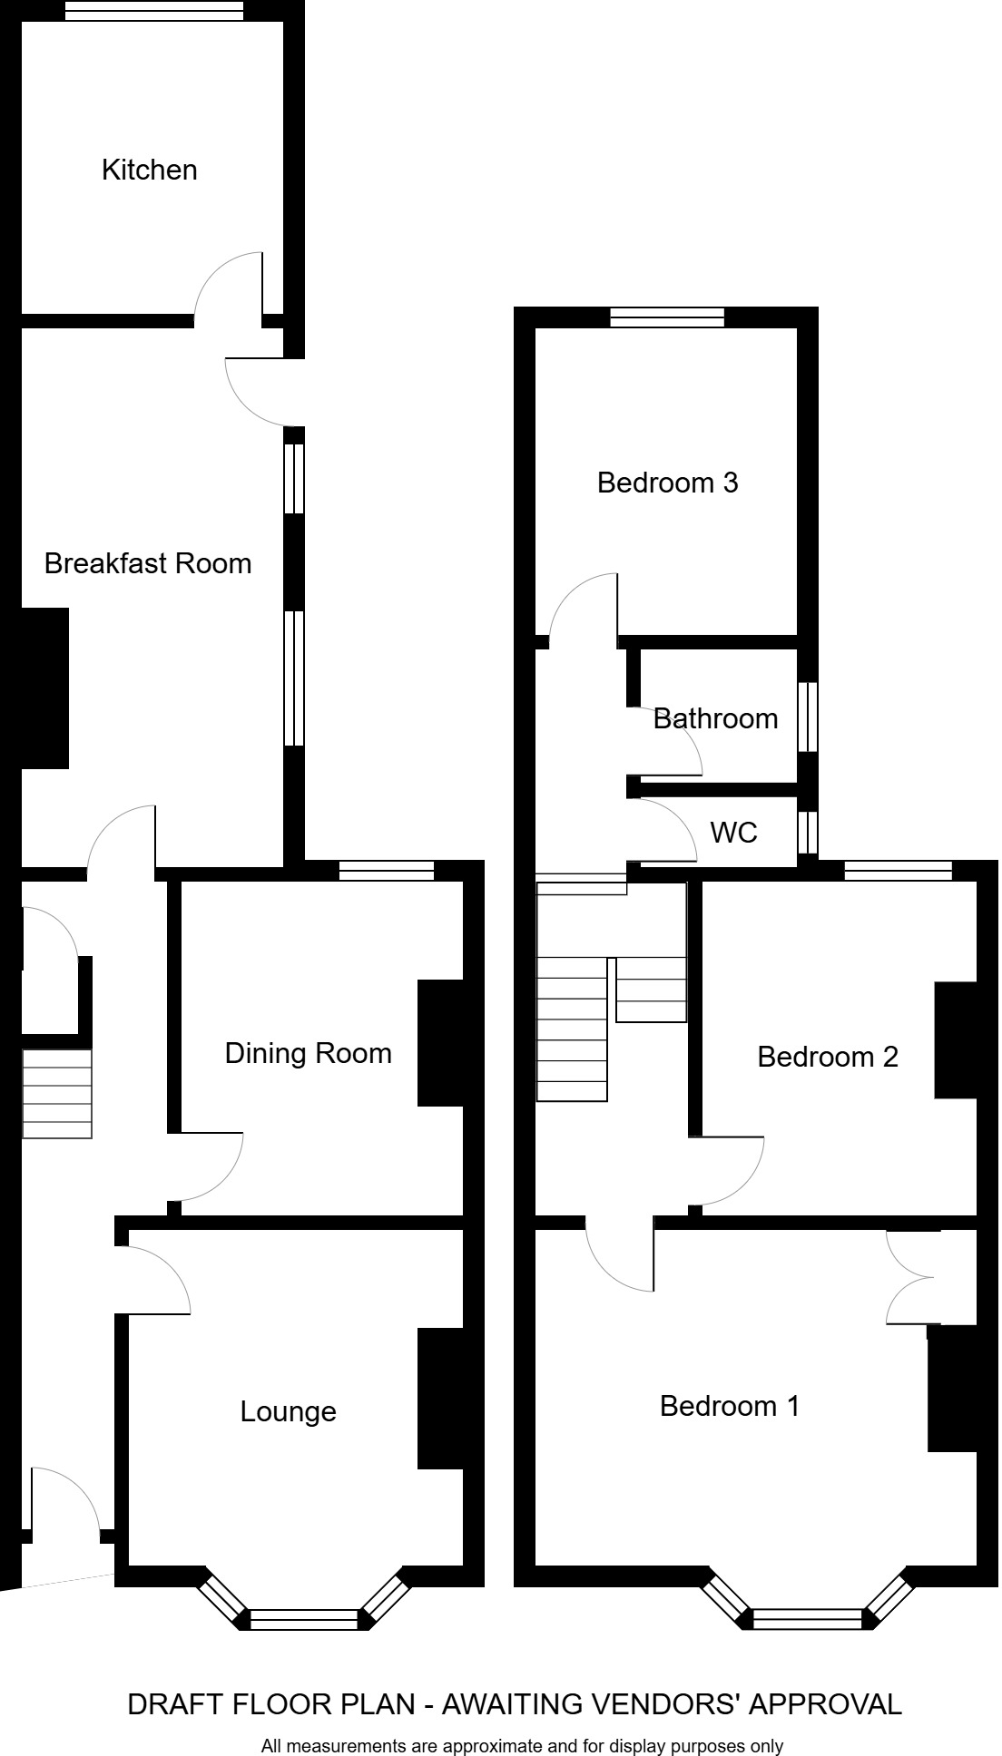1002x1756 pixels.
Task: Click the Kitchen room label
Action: [x=149, y=170]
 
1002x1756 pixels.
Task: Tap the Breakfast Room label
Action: [x=148, y=563]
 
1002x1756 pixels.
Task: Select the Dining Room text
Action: [x=308, y=1053]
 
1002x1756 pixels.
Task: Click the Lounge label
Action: [x=288, y=1411]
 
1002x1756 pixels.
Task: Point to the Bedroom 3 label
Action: [x=667, y=483]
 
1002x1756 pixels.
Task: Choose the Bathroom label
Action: [x=715, y=718]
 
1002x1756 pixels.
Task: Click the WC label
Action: [x=733, y=832]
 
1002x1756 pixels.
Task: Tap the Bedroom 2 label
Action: [x=828, y=1057]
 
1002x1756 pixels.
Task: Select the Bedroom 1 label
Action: [x=730, y=1406]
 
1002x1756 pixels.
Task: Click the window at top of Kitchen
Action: [x=154, y=10]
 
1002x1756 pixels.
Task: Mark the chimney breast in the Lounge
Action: [x=440, y=1398]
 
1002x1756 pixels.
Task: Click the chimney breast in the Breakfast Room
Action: [x=44, y=688]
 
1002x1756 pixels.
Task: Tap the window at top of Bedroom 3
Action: [x=667, y=317]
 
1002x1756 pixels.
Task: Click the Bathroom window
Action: [x=808, y=717]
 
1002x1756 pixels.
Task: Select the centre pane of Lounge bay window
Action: [x=304, y=1618]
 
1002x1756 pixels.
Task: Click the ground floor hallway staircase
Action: [x=56, y=1093]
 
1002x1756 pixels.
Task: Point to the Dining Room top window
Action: [x=387, y=871]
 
